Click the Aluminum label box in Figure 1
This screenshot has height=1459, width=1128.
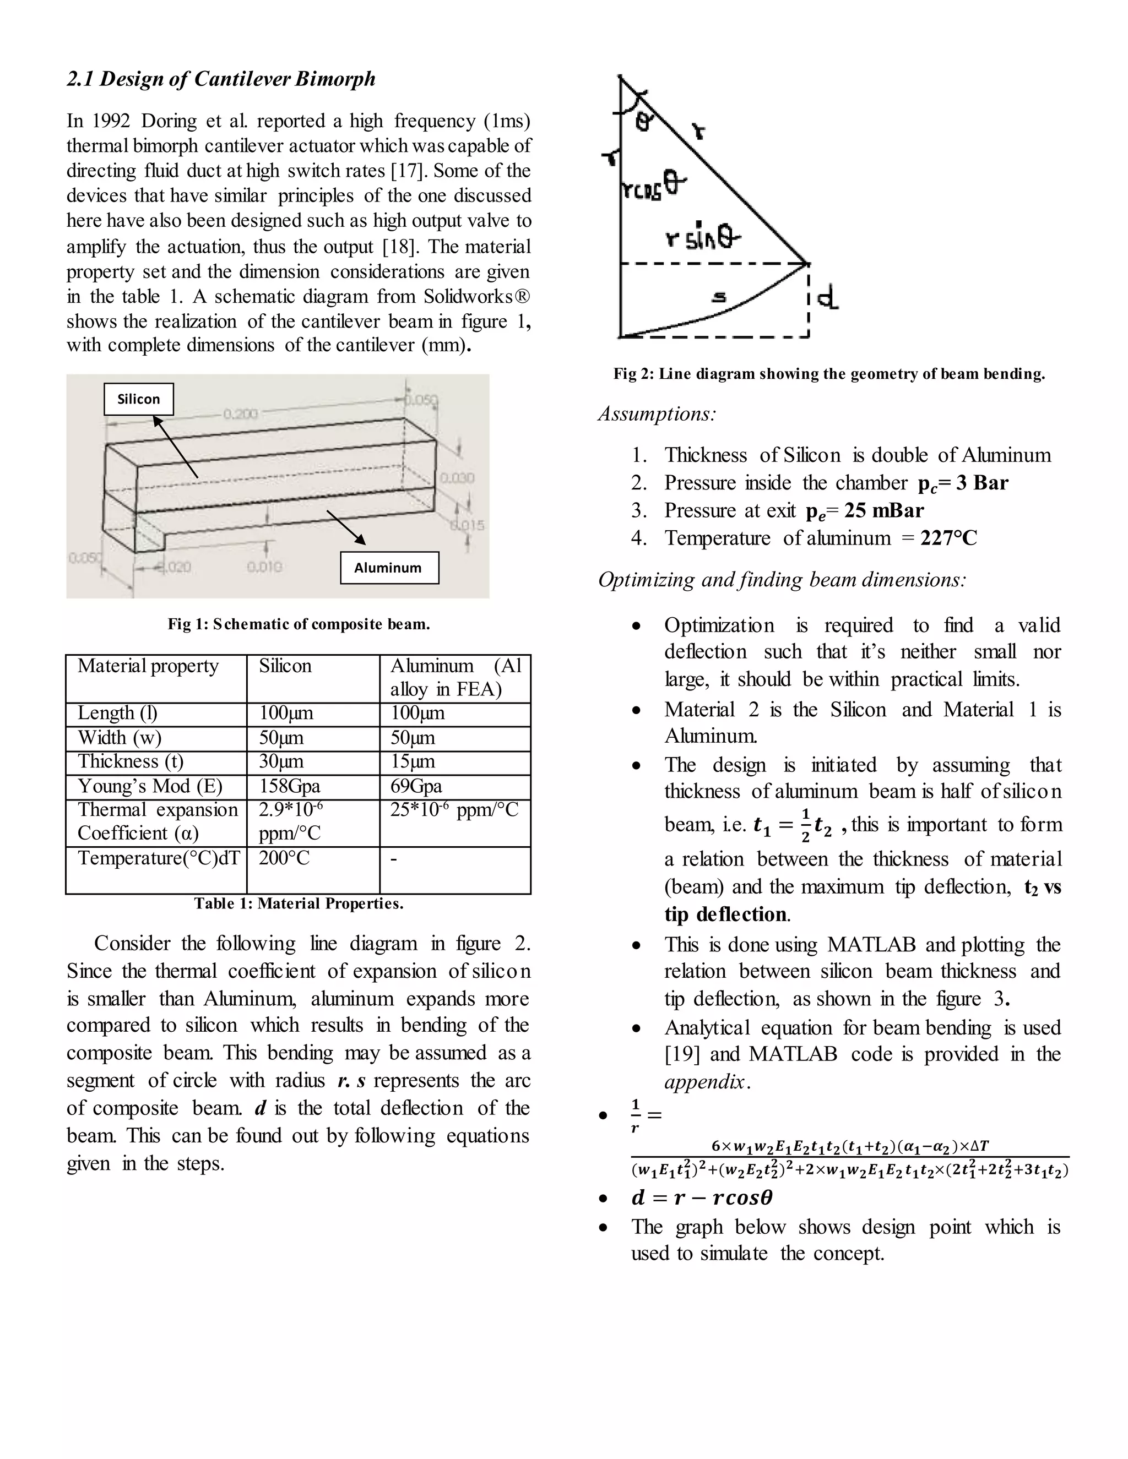pos(389,568)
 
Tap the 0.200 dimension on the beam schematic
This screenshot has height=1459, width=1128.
pos(240,414)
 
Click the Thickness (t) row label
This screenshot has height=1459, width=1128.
pos(131,761)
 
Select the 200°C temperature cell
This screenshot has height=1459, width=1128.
pos(284,858)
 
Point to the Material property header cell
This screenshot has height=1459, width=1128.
pos(148,666)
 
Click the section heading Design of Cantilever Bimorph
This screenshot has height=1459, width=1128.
pos(220,79)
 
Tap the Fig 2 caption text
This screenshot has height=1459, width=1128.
pos(828,374)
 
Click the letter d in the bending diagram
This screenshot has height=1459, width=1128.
pos(828,298)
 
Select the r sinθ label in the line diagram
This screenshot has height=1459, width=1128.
pos(702,237)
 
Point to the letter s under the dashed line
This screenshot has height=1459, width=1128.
pos(718,298)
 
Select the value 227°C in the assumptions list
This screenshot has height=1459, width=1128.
pos(948,538)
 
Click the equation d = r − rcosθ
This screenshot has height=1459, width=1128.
pos(701,1197)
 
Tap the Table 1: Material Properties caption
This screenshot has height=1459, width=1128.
pos(299,904)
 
